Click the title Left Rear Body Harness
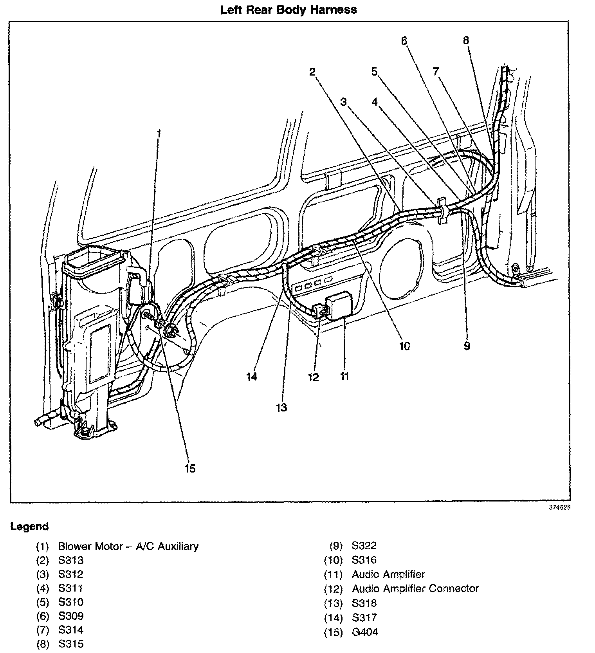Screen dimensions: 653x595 [288, 9]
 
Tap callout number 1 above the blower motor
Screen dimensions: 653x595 [159, 133]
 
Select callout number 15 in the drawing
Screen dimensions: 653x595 [190, 468]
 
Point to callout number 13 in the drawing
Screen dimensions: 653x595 [281, 408]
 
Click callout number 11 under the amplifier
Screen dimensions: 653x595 [344, 376]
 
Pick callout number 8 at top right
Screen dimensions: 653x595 [466, 40]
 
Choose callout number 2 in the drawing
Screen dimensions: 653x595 [312, 72]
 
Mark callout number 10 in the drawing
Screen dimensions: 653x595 [404, 346]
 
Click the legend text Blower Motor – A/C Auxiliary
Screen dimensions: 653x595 [128, 546]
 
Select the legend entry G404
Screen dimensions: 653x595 [365, 632]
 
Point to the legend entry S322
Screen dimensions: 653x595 [364, 546]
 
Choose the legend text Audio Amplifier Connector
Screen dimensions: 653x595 [415, 588]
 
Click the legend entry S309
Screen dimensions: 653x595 [71, 616]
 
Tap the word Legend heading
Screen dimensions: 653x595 [30, 527]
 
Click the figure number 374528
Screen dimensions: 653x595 [559, 507]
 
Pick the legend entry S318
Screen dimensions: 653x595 [364, 603]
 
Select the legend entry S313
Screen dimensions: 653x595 [71, 560]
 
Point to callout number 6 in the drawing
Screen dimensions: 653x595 [404, 40]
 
